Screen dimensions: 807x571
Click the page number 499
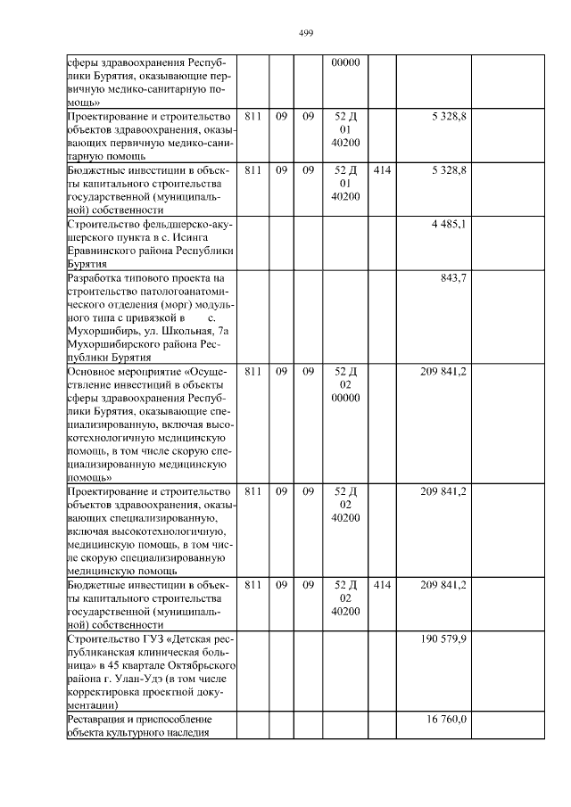click(x=305, y=33)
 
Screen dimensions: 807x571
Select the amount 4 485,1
click(x=448, y=223)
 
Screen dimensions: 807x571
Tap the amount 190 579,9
click(x=443, y=639)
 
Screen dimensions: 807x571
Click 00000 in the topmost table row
click(x=344, y=62)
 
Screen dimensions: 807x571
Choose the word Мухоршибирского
click(x=113, y=344)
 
